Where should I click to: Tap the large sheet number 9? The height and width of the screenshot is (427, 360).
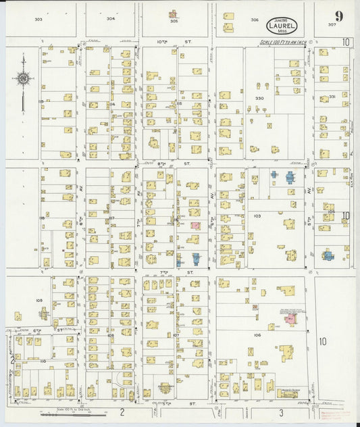tap(338, 16)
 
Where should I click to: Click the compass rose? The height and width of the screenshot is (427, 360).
tap(24, 78)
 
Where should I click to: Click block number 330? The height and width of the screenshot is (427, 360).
tap(259, 98)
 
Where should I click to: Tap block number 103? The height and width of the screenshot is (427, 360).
tap(257, 216)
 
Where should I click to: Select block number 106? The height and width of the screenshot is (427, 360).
tap(257, 334)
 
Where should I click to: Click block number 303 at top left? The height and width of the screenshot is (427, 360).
tap(38, 19)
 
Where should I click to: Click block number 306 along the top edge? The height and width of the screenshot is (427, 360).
tap(255, 20)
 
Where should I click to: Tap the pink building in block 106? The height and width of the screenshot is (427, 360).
tap(290, 318)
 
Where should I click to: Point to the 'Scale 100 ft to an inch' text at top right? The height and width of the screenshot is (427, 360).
tap(283, 42)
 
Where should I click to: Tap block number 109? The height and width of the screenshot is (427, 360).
tap(38, 299)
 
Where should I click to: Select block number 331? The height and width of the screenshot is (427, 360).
tap(332, 97)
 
